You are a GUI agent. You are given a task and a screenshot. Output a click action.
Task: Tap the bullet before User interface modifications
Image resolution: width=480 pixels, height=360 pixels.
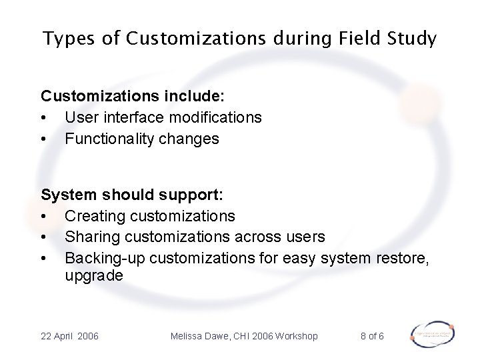tap(44, 118)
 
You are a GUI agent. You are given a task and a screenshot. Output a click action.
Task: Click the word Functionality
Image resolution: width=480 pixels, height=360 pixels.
tap(109, 140)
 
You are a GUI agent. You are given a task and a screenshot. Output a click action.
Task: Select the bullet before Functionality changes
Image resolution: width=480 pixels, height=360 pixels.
tap(44, 140)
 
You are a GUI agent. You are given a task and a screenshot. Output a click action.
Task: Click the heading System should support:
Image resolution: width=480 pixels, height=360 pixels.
tap(132, 195)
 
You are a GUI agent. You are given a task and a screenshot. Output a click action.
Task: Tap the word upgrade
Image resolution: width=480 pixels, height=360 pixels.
tap(93, 276)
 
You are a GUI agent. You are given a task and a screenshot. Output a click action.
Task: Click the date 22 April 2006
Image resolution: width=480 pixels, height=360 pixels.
tap(69, 336)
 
